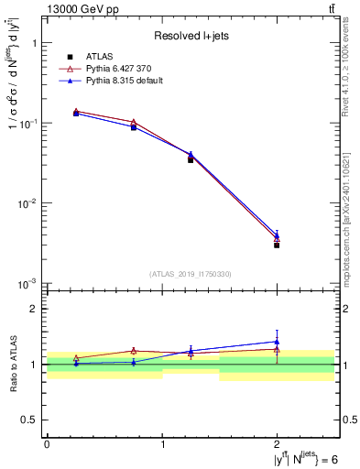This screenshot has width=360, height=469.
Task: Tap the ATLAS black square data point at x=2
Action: click(x=277, y=245)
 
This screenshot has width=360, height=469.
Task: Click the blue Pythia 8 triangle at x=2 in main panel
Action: click(x=277, y=234)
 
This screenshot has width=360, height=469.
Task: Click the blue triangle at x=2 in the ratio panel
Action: click(x=277, y=342)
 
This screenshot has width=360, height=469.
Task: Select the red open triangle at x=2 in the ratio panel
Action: click(x=277, y=349)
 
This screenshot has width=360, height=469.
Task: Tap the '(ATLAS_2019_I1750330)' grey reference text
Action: click(x=191, y=274)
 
